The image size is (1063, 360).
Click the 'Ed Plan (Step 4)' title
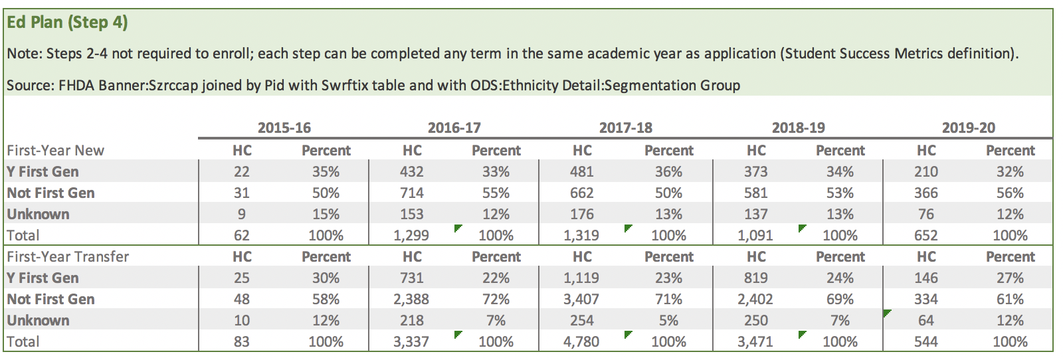(67, 23)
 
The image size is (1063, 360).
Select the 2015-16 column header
(284, 128)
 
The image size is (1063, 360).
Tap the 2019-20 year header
(968, 128)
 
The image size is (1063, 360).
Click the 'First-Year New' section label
(56, 150)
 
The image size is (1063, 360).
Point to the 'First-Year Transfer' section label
(68, 256)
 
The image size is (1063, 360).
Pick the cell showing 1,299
(411, 235)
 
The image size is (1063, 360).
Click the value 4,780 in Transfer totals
(581, 341)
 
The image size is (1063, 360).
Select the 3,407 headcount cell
(581, 299)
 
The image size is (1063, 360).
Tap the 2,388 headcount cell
(411, 299)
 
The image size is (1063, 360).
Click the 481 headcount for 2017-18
(581, 171)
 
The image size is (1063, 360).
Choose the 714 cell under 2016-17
(411, 193)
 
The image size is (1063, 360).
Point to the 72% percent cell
(496, 299)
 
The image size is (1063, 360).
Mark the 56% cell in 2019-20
(1010, 193)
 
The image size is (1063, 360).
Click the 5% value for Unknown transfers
(668, 320)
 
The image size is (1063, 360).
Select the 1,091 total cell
(755, 235)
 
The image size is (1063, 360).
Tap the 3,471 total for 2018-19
(755, 341)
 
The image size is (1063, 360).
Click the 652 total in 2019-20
(925, 235)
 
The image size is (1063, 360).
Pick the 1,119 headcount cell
(581, 278)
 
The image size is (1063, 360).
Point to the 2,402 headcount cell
(755, 299)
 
